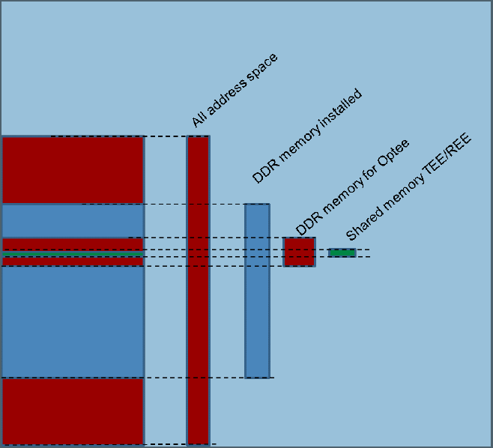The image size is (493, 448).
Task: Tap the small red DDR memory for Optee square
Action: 299,252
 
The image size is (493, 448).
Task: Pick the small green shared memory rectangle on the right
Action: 342,252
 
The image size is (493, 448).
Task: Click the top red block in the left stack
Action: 72,170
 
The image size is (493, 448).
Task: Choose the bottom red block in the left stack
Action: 72,411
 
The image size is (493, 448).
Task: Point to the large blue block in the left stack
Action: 72,322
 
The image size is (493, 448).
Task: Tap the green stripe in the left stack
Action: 72,255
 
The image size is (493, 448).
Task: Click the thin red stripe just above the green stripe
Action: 72,244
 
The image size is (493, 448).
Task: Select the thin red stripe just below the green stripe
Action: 72,262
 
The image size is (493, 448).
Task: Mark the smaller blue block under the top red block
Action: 72,220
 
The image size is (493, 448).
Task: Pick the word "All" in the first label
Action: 199,120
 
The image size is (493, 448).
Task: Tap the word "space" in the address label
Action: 263,65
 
